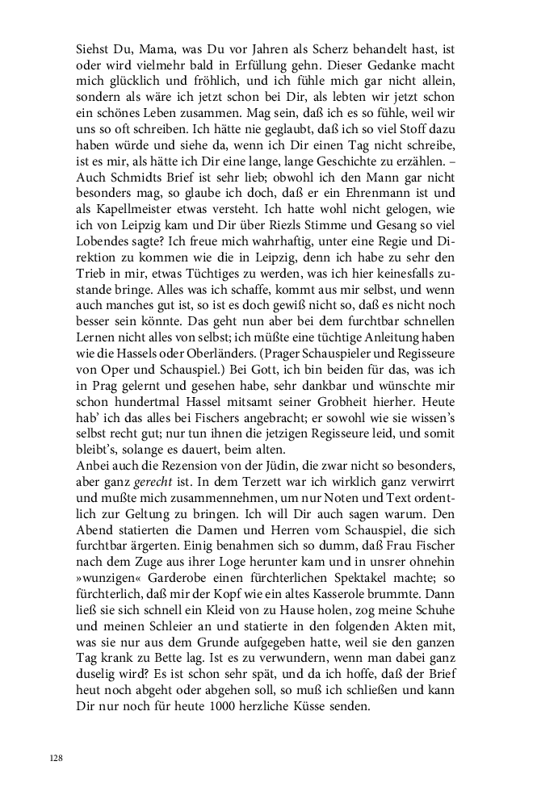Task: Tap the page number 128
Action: (x=57, y=759)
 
